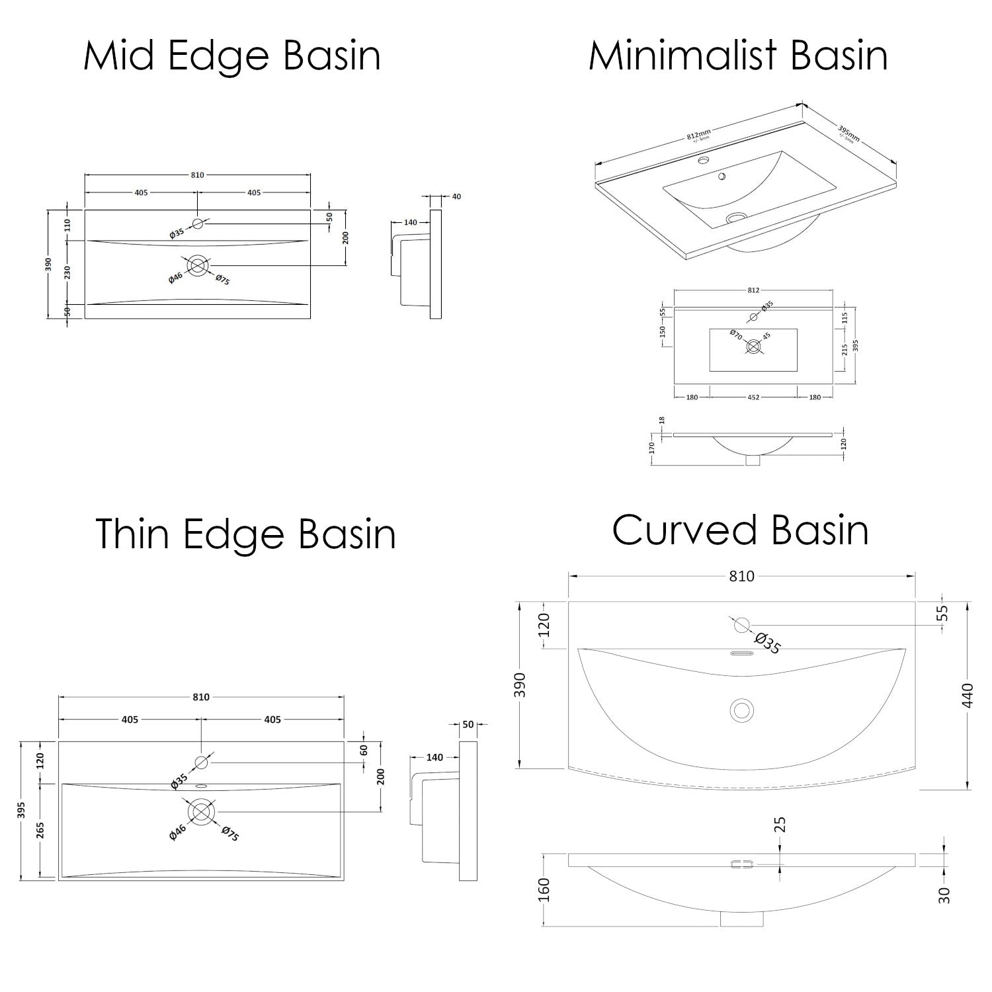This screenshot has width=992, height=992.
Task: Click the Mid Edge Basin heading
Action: pyautogui.click(x=232, y=56)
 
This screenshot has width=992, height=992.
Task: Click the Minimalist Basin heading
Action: pyautogui.click(x=738, y=56)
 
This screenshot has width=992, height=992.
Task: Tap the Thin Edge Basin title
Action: pyautogui.click(x=246, y=534)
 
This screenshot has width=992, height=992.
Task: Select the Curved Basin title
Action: pyautogui.click(x=740, y=530)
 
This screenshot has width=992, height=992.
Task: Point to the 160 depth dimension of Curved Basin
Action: pyautogui.click(x=544, y=889)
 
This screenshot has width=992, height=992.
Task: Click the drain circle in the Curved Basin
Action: pyautogui.click(x=741, y=709)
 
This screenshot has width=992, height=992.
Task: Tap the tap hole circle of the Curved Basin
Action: pyautogui.click(x=741, y=624)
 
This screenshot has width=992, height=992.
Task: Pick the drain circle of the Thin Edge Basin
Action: pyautogui.click(x=201, y=811)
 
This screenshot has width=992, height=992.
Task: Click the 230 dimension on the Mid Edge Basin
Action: pyautogui.click(x=67, y=273)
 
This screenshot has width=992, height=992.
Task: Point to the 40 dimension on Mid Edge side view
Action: pyautogui.click(x=456, y=196)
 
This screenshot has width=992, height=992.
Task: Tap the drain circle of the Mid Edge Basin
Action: pyautogui.click(x=197, y=266)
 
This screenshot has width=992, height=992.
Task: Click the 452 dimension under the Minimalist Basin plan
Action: pyautogui.click(x=753, y=397)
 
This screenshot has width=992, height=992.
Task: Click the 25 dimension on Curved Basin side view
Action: pyautogui.click(x=780, y=825)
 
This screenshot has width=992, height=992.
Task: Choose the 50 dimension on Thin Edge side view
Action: pyautogui.click(x=468, y=725)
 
